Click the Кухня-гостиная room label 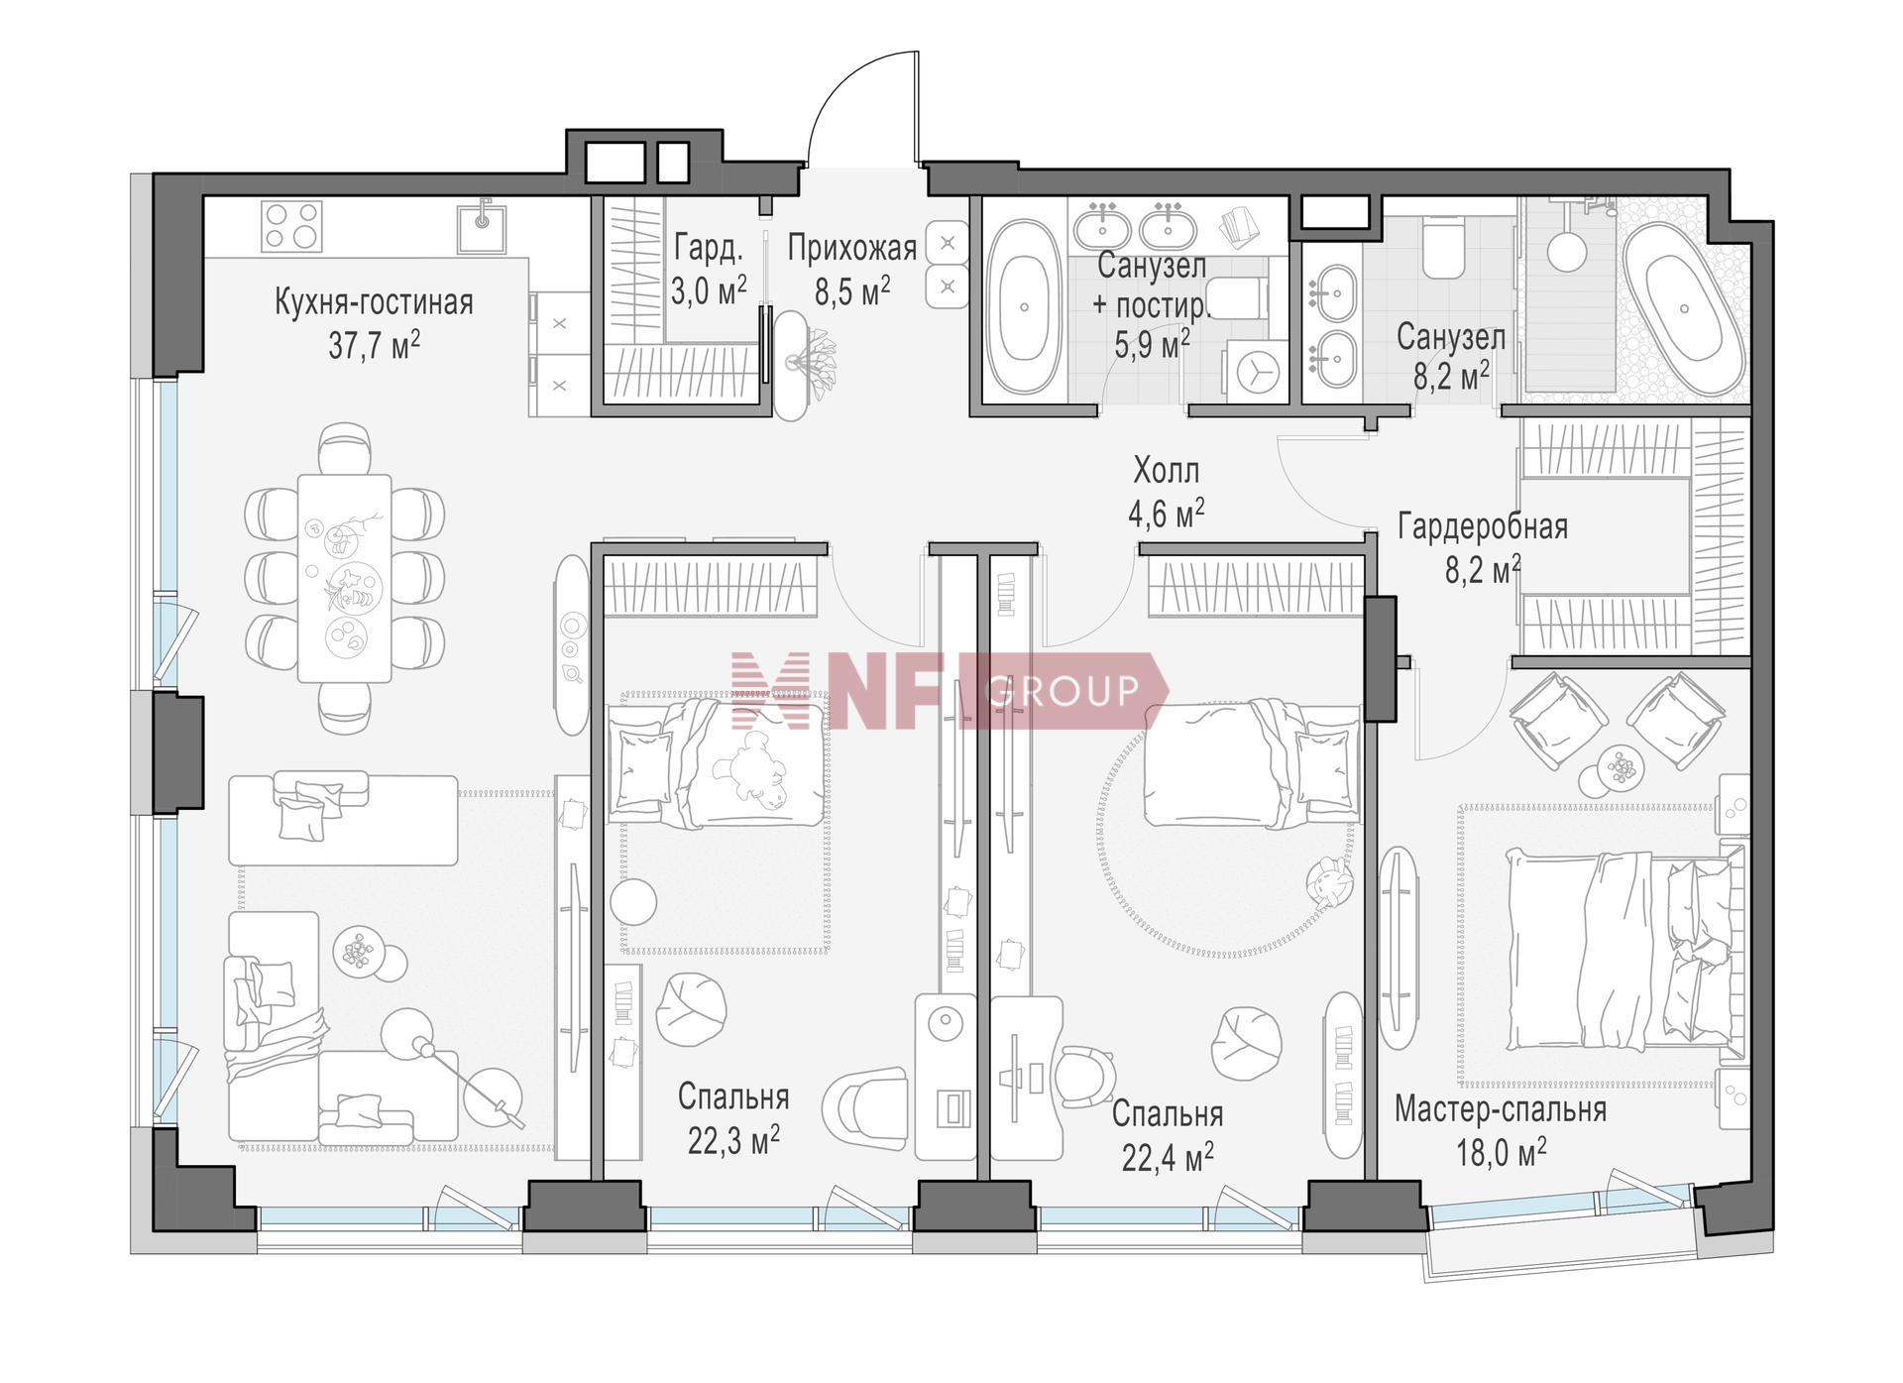click(x=374, y=302)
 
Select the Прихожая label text click(x=852, y=248)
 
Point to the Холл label click(x=1166, y=469)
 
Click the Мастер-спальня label click(x=1501, y=1109)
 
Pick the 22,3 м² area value click(x=733, y=1139)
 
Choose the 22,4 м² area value click(x=1168, y=1155)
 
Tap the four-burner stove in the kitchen click(x=292, y=226)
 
